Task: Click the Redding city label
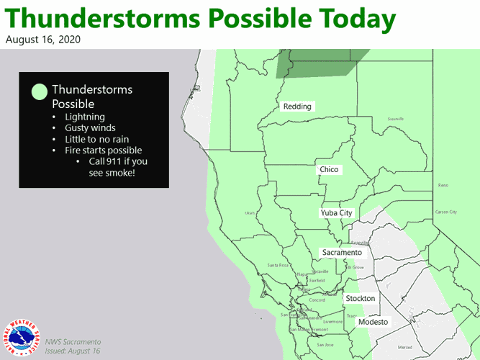coord(297,107)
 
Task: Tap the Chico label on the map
coord(329,170)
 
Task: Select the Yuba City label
coord(336,213)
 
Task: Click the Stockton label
coord(360,298)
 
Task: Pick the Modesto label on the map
coord(373,322)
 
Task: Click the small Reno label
coord(443,185)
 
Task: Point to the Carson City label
coord(445,212)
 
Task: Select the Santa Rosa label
coord(278,265)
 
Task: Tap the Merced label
coord(405,347)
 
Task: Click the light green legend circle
coord(40,91)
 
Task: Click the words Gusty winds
coord(90,128)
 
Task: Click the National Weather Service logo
coord(22,337)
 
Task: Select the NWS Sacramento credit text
coord(73,341)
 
